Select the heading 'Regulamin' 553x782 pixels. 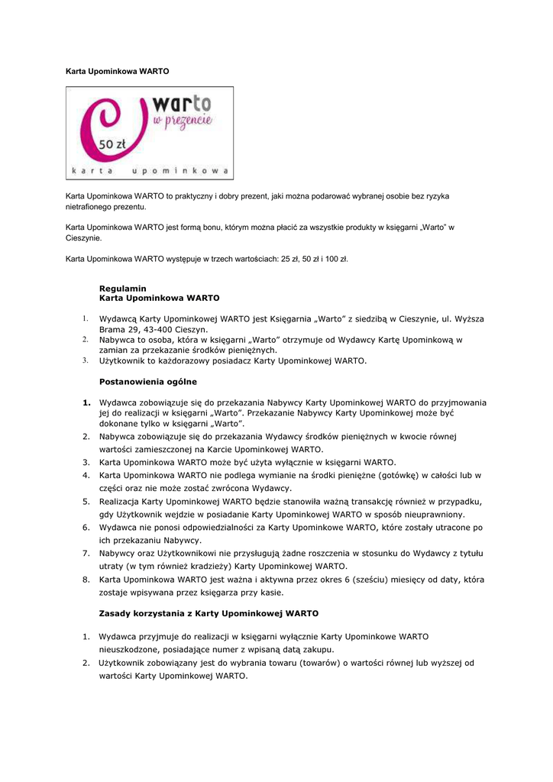[x=122, y=288]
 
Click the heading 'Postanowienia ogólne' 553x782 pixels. [x=147, y=381]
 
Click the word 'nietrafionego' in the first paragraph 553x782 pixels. [x=89, y=207]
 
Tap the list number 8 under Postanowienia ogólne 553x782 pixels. [x=86, y=580]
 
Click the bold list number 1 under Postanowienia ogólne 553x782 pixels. [x=86, y=402]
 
